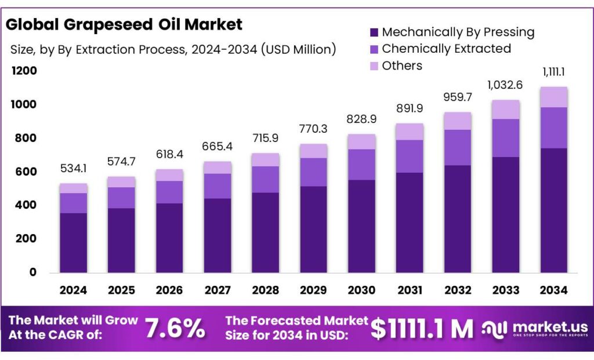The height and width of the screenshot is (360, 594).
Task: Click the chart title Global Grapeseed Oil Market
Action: click(124, 24)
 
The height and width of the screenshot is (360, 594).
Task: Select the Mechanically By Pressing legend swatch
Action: click(374, 32)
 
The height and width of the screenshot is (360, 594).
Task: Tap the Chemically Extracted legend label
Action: click(446, 49)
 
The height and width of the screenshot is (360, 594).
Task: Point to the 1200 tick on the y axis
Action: click(23, 71)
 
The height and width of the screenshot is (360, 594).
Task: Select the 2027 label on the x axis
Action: click(218, 290)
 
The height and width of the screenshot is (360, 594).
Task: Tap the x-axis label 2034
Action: click(553, 290)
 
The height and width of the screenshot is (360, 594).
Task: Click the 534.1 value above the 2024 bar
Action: click(74, 169)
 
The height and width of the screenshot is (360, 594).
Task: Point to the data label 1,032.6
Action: click(505, 85)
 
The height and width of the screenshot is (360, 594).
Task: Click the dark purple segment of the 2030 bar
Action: click(361, 226)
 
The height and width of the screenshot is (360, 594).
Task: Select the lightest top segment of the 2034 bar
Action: click(553, 97)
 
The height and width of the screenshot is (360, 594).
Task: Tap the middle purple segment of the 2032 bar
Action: click(457, 147)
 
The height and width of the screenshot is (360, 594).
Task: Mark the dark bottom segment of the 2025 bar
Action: click(121, 240)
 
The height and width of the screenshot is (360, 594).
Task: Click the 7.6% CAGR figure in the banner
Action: click(175, 329)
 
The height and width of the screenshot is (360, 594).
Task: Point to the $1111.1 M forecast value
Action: click(422, 329)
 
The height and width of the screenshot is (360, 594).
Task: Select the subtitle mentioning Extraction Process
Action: click(173, 49)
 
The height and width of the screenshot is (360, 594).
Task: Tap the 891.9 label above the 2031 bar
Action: click(409, 108)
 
